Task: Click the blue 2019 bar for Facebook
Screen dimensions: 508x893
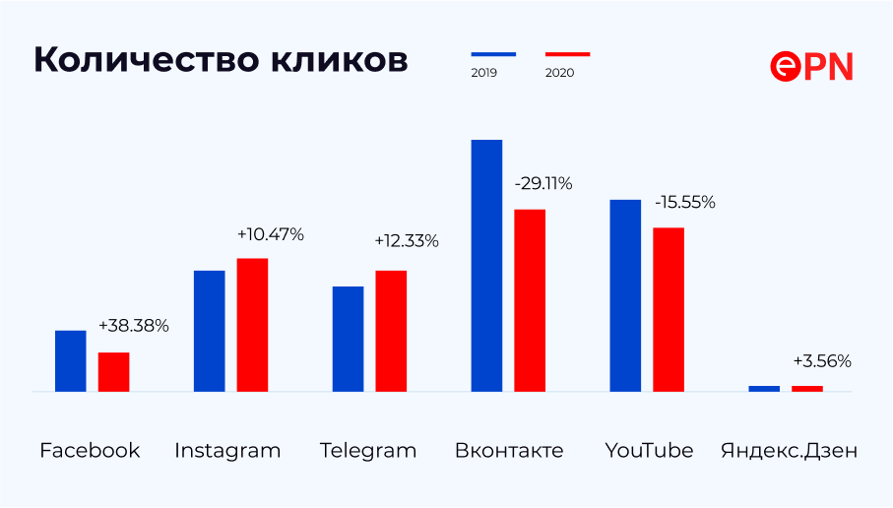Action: tap(70, 360)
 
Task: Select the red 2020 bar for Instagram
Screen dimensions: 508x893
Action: tap(252, 325)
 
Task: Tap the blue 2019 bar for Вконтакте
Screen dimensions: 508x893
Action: tap(486, 266)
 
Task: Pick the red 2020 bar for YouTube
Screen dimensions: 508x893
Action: tap(669, 309)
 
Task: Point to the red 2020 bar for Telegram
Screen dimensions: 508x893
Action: tap(391, 331)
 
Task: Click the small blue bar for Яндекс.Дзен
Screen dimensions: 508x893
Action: tap(764, 388)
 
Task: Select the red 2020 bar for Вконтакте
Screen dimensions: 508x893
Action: tap(530, 300)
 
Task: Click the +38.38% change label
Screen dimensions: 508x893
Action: tap(134, 326)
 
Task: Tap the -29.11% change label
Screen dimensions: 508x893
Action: tap(542, 183)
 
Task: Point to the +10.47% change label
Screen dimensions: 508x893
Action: tap(271, 234)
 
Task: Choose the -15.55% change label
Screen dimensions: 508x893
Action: tap(684, 203)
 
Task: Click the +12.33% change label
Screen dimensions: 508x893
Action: tap(407, 241)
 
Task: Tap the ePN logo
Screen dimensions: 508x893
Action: tap(811, 66)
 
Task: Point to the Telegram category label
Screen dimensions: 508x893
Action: tap(368, 451)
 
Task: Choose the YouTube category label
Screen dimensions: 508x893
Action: tap(649, 451)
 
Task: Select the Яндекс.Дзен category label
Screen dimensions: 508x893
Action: tap(789, 451)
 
